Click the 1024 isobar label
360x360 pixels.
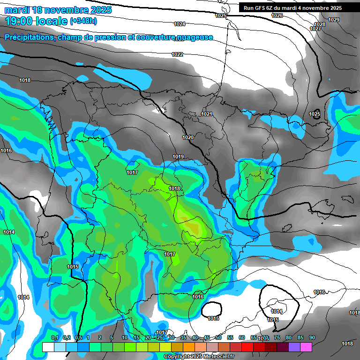[179, 24]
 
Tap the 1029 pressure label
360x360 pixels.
[334, 20]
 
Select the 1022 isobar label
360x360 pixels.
[177, 55]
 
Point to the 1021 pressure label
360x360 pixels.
[207, 114]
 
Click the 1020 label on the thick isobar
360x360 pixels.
[188, 137]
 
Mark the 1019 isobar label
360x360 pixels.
[178, 157]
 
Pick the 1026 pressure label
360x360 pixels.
[277, 15]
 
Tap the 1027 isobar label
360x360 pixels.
[315, 29]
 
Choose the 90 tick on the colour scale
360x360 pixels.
[312, 337]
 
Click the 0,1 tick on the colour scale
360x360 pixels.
[54, 337]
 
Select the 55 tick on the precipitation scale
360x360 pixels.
[230, 337]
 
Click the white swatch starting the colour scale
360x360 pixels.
[48, 347]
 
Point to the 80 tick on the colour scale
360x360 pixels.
[289, 337]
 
